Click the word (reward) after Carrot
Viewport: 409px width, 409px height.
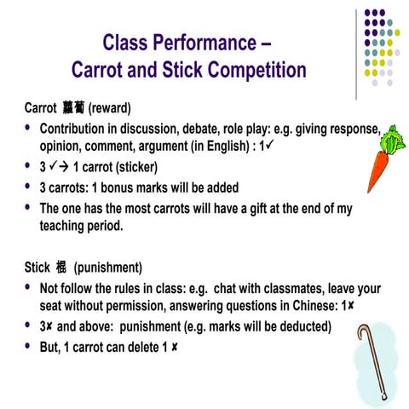(109, 110)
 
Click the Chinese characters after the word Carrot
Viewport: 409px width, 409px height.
(72, 110)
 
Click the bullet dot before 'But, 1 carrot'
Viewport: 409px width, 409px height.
(29, 346)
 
